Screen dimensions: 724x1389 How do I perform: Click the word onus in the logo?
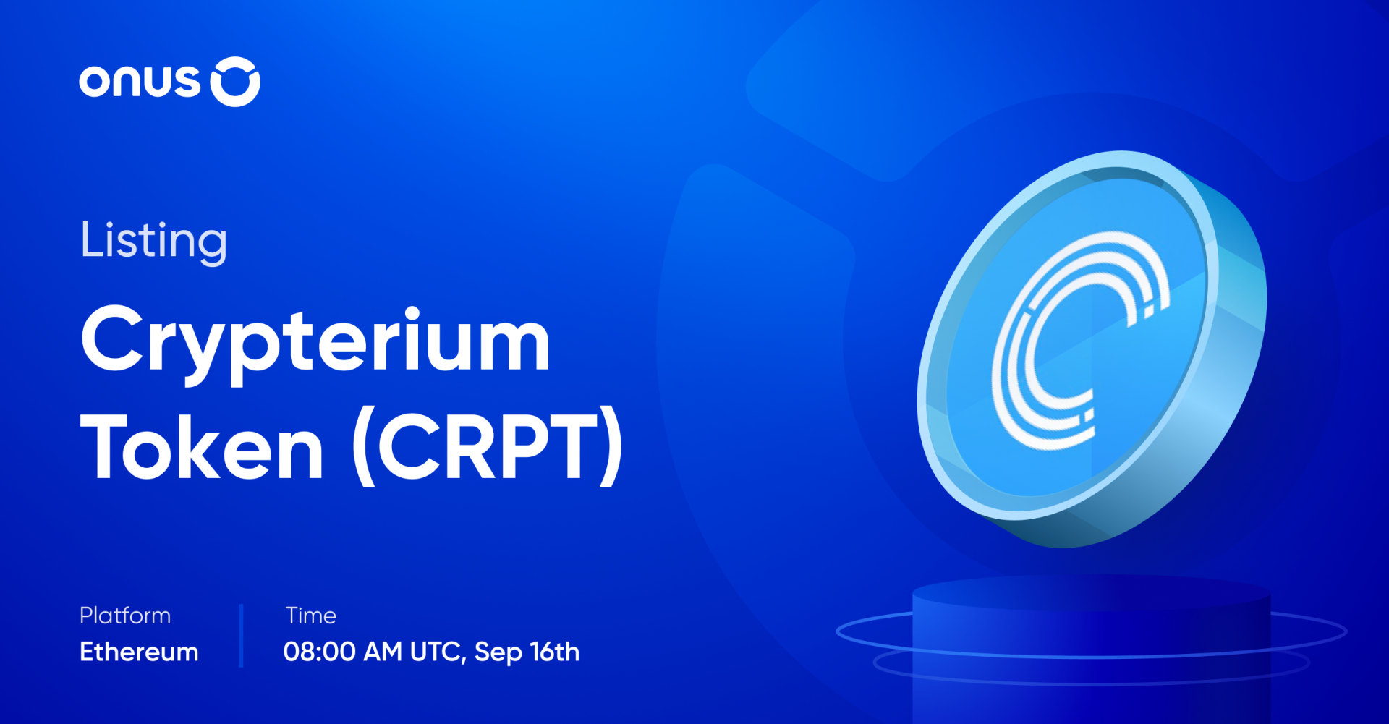tap(139, 82)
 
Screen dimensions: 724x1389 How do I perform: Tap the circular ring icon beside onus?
tap(235, 82)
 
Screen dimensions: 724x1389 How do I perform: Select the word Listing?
tap(153, 241)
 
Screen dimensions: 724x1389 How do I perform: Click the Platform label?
tap(125, 616)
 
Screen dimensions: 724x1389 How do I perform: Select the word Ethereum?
tap(139, 652)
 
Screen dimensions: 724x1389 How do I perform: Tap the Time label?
tap(310, 616)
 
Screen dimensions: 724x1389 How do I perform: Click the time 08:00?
tap(319, 652)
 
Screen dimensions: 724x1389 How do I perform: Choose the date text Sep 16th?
tap(527, 652)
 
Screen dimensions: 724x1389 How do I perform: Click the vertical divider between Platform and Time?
tap(241, 635)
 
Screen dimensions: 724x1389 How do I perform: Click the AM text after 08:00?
tap(382, 652)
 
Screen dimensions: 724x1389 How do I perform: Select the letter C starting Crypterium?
tap(111, 338)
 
